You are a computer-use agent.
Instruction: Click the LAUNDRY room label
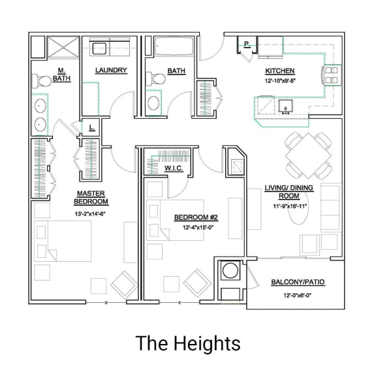110,70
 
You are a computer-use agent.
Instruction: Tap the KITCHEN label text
279,70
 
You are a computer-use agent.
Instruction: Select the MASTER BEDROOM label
91,197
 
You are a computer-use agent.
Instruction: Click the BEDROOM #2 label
196,217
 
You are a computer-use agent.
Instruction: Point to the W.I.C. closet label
173,168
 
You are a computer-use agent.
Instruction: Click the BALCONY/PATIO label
298,282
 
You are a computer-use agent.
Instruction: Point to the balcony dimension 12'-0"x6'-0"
298,295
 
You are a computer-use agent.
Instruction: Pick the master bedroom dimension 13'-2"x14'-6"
91,213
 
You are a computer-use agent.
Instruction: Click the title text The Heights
188,343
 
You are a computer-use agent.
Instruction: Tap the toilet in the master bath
44,82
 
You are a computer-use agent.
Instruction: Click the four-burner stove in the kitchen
332,74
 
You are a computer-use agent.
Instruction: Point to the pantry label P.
247,45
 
